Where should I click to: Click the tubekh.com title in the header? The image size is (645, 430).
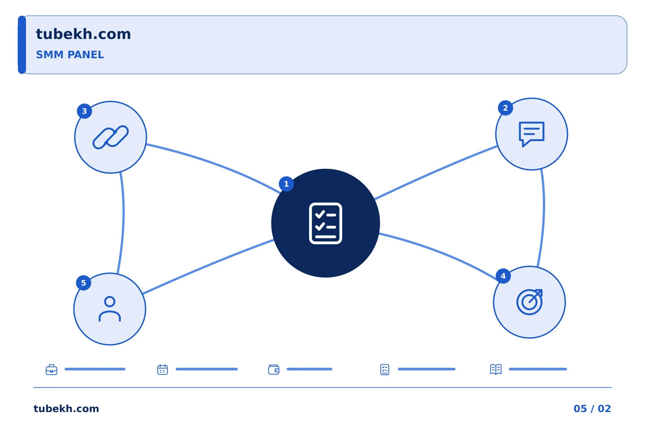[x=83, y=34]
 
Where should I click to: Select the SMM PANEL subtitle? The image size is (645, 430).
[x=70, y=55]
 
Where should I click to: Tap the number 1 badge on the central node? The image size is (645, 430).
[x=286, y=184]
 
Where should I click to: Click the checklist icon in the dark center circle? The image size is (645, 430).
[x=325, y=223]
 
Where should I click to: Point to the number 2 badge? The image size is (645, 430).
[x=505, y=108]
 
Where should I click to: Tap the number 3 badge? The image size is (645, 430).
[x=84, y=111]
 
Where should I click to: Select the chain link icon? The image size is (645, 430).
[x=111, y=137]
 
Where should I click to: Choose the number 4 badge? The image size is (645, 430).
[x=503, y=276]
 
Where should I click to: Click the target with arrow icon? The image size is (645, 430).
[x=529, y=302]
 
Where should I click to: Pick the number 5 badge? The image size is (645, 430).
[x=83, y=283]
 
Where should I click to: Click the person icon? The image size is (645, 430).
[x=110, y=309]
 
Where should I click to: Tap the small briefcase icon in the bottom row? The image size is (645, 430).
[x=52, y=370]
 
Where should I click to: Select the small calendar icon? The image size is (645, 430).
[x=163, y=370]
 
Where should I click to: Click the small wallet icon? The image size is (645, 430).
[x=274, y=370]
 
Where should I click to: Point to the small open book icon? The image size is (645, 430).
[x=496, y=369]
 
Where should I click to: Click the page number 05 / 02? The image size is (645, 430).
[x=592, y=408]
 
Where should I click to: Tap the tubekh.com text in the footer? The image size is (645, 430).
[x=66, y=408]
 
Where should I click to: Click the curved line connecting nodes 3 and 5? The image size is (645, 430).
[x=123, y=213]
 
